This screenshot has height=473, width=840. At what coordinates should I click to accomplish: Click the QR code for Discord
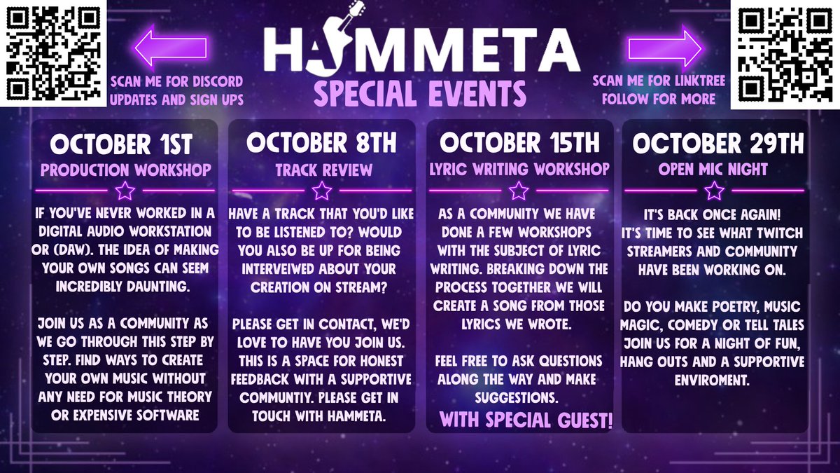tap(53, 53)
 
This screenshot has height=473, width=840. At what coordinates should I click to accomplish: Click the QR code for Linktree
tap(785, 53)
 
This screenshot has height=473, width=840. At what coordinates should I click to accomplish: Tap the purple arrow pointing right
tap(665, 48)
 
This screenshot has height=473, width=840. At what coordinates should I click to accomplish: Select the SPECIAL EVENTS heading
tap(419, 92)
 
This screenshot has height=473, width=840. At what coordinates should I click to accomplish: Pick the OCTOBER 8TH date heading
tap(321, 143)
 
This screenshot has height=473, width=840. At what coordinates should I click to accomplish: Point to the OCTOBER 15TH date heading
tap(519, 143)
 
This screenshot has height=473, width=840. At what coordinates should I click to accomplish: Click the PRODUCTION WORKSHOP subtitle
tap(125, 169)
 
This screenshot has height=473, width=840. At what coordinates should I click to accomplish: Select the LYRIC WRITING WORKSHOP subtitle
tap(519, 169)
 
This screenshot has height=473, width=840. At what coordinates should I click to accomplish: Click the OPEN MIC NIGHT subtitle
tap(714, 169)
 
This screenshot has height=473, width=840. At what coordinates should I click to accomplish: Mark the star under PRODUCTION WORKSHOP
tap(125, 190)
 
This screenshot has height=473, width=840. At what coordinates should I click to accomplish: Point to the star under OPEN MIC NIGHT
tap(714, 190)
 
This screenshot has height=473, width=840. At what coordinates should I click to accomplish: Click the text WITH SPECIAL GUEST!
tap(526, 420)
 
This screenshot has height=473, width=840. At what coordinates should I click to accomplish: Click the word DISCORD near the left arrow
tap(214, 81)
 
